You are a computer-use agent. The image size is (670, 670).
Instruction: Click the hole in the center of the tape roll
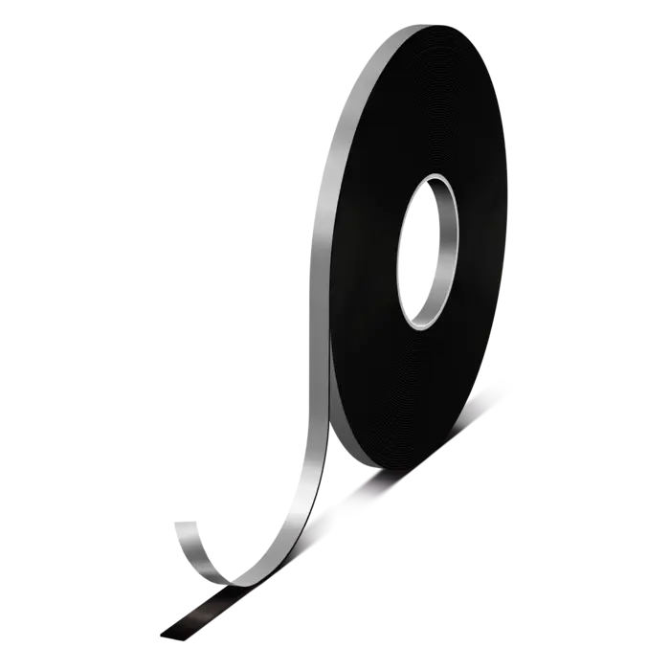(x=433, y=251)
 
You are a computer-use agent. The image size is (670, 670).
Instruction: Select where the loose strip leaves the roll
(x=330, y=421)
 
